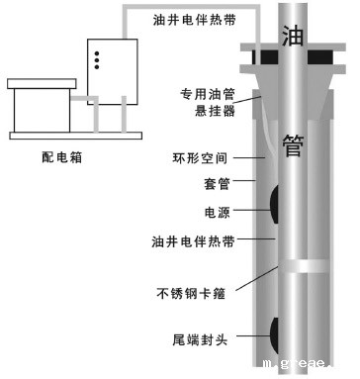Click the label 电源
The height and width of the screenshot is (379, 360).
coord(215,211)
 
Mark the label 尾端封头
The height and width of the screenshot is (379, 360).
coord(200,338)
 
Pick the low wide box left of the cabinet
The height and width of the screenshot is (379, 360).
coord(39,103)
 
